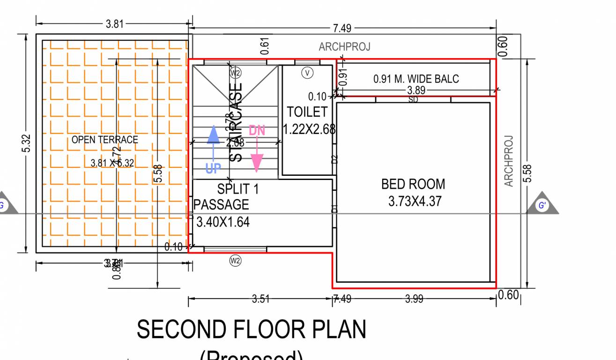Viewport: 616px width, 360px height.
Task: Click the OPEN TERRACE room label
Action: [x=104, y=140]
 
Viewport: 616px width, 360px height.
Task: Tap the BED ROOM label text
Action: [x=413, y=184]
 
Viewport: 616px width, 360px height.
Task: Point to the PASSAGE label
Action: [x=221, y=205]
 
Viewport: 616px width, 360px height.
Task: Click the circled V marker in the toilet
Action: [x=307, y=73]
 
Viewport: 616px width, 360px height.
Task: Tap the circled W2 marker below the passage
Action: [x=235, y=261]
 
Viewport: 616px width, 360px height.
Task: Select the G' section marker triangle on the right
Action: [x=542, y=204]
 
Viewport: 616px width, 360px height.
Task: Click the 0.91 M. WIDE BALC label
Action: [x=416, y=79]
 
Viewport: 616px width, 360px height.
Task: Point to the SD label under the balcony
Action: [x=413, y=99]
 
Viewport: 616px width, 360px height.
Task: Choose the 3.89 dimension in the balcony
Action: [x=416, y=90]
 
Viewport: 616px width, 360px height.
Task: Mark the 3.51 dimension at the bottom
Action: [x=260, y=299]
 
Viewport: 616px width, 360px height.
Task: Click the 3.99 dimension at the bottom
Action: [x=414, y=299]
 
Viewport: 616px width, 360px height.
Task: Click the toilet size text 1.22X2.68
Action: [x=309, y=129]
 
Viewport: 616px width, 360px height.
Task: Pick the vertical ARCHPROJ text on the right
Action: [x=509, y=161]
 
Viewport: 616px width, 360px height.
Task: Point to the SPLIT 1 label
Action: [x=237, y=189]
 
